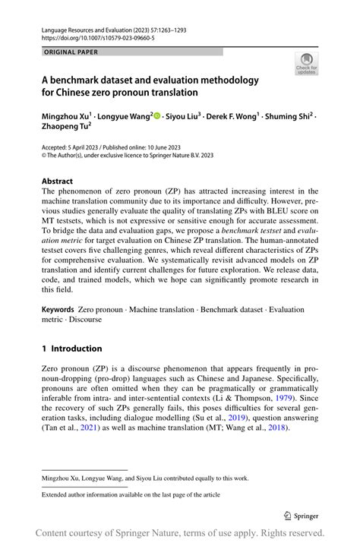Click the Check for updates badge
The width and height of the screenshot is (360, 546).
tap(306, 63)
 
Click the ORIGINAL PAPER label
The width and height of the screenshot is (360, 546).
tap(71, 52)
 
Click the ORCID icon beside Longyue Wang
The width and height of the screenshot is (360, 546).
tap(157, 116)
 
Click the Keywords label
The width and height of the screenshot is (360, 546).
tap(58, 311)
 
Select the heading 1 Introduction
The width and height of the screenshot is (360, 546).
tap(71, 349)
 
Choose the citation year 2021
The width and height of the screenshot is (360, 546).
tap(91, 428)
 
